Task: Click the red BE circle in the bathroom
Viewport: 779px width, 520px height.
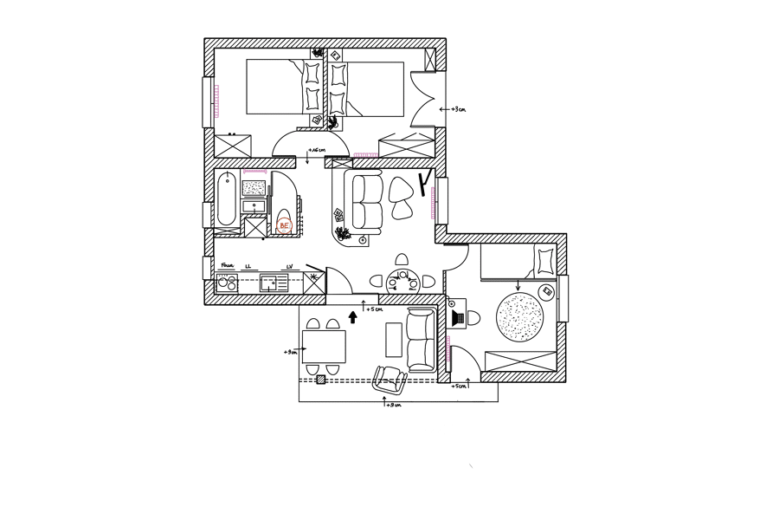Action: [x=284, y=226]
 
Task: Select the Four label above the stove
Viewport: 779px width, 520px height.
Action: [x=227, y=265]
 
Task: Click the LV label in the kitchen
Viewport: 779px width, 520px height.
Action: [x=290, y=266]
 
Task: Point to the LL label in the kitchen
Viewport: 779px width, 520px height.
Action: [x=248, y=266]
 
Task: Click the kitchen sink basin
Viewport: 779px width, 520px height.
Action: [x=274, y=281]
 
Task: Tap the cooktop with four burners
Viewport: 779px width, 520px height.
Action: [x=227, y=282]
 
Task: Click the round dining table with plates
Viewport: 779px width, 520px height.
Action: [x=402, y=281]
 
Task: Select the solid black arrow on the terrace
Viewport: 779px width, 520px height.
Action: [x=352, y=317]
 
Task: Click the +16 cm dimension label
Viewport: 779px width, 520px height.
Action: [x=316, y=150]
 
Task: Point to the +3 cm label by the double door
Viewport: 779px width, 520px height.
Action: [x=458, y=109]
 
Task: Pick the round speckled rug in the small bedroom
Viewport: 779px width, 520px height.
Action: [x=519, y=317]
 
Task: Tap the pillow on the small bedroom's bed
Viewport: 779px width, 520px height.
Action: [x=545, y=260]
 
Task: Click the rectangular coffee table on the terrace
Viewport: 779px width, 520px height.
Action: [x=394, y=339]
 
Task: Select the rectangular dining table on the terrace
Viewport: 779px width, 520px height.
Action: [x=324, y=347]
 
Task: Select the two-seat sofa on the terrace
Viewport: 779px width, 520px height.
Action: [x=421, y=340]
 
